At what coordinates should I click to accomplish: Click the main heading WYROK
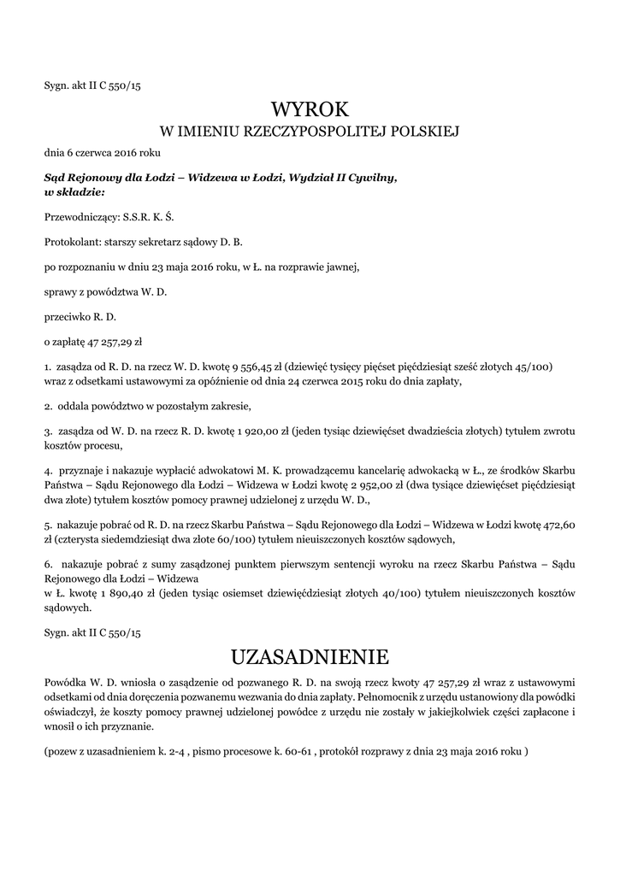pyautogui.click(x=310, y=109)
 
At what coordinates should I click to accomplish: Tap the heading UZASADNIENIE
pyautogui.click(x=310, y=657)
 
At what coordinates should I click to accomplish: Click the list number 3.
pyautogui.click(x=47, y=432)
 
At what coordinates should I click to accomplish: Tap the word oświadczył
pyautogui.click(x=73, y=713)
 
